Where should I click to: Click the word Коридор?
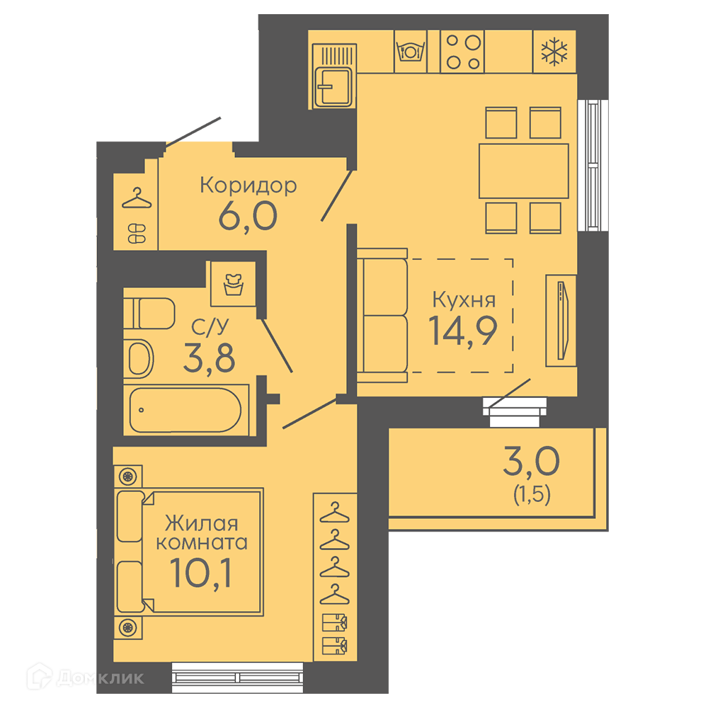(x=249, y=185)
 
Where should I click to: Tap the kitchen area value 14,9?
(x=463, y=331)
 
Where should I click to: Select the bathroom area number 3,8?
(x=209, y=358)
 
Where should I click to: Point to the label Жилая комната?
(x=202, y=533)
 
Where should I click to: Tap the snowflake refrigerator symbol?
(x=554, y=52)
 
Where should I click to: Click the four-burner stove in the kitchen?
(x=462, y=52)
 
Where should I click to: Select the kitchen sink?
(x=333, y=76)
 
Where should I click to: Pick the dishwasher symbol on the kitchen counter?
(x=411, y=52)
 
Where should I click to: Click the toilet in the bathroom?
(x=149, y=313)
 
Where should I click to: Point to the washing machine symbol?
(x=234, y=284)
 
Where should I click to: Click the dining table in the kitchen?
(x=524, y=171)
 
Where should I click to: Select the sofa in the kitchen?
(x=382, y=315)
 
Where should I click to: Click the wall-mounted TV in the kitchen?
(x=561, y=320)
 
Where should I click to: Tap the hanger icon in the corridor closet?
(x=137, y=199)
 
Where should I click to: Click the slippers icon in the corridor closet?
(x=137, y=234)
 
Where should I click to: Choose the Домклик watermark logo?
(x=86, y=677)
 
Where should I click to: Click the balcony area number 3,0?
(x=531, y=461)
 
